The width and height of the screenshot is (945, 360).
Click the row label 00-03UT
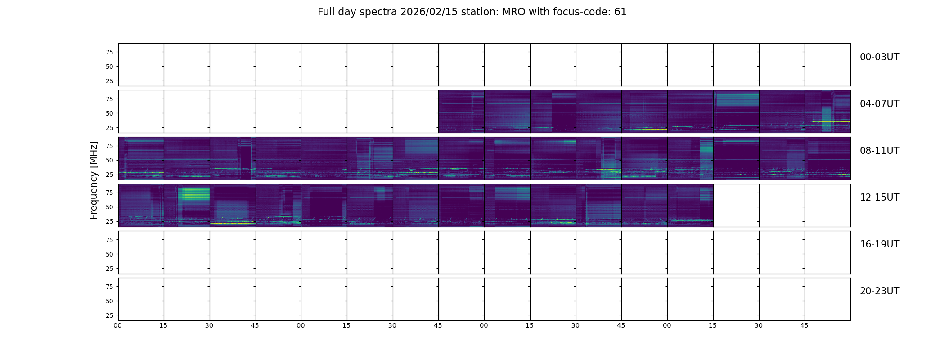[x=879, y=57]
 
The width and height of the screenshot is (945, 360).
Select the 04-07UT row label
[x=879, y=104]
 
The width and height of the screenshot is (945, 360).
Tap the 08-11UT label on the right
[x=879, y=151]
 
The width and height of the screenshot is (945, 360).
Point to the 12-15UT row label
[x=879, y=198]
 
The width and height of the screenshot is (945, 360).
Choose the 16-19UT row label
[x=879, y=244]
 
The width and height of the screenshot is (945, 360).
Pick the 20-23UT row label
[x=879, y=291]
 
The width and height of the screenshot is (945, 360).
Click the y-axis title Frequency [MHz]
[x=94, y=180]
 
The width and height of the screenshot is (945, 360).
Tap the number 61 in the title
[x=620, y=12]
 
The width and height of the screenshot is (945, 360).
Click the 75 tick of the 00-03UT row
[x=109, y=52]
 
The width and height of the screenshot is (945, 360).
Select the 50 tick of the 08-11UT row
[x=109, y=160]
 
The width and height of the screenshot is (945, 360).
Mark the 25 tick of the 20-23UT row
[x=109, y=315]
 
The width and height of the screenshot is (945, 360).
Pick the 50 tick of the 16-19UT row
[x=109, y=254]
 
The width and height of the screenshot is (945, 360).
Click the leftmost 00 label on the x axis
[x=117, y=325]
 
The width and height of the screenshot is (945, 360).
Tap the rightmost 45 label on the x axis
[x=804, y=325]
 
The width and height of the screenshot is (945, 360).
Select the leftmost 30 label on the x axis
[x=209, y=325]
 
